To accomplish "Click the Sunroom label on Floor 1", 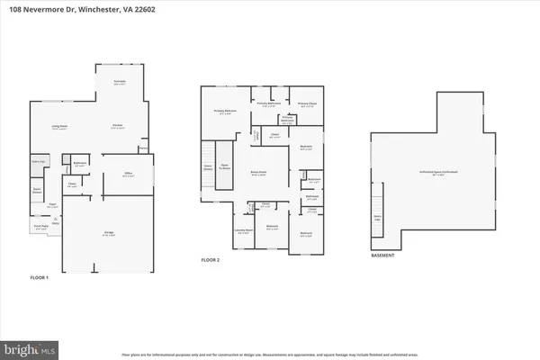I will pos(118,83).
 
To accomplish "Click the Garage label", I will pos(107,234).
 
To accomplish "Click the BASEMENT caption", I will pos(383,255).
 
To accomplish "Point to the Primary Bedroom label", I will pos(223,112).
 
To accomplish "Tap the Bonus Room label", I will pos(258,175).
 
